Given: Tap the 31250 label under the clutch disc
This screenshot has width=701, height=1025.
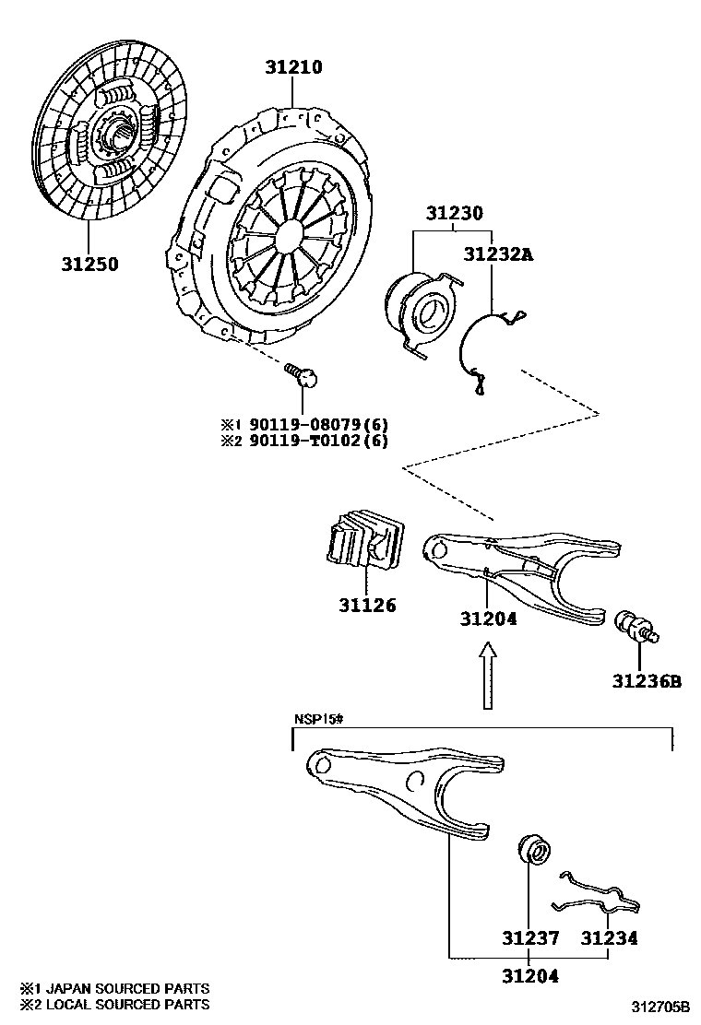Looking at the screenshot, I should click(90, 264).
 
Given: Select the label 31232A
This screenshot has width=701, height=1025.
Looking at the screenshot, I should click(498, 253).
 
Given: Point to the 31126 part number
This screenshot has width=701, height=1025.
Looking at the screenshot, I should click(365, 606).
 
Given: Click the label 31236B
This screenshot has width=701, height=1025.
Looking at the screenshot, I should click(646, 681).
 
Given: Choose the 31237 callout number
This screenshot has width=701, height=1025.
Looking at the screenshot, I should click(530, 939).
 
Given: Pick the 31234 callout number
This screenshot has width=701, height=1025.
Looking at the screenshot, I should click(609, 939).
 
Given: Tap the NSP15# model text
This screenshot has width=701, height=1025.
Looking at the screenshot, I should click(318, 720).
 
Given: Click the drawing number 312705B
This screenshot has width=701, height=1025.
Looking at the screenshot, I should click(660, 1005).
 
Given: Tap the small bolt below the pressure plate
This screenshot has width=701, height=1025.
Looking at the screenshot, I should click(303, 373).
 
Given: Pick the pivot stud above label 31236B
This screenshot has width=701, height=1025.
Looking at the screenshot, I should click(636, 626).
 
